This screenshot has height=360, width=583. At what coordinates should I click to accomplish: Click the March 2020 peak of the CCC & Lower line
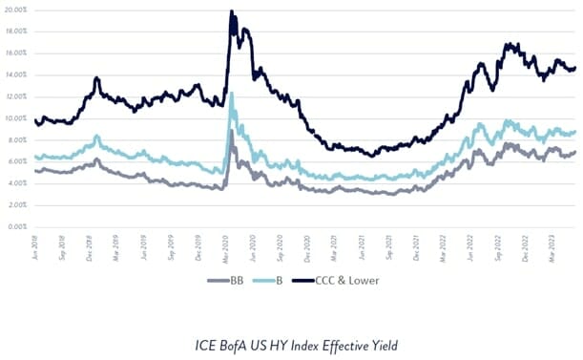[x=232, y=12]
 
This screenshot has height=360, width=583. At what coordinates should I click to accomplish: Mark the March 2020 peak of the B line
[x=232, y=94]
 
